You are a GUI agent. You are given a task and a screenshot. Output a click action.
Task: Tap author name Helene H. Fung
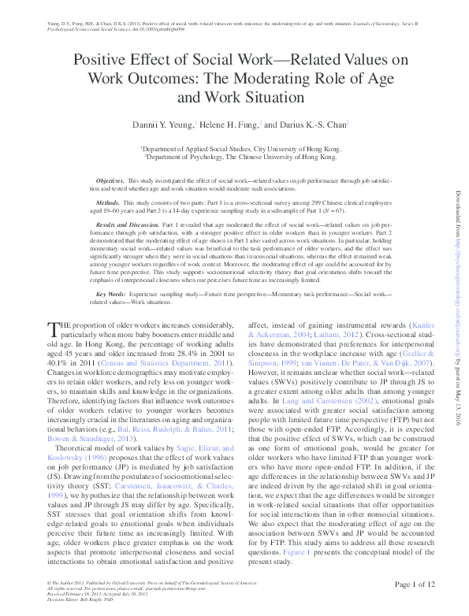click(x=229, y=124)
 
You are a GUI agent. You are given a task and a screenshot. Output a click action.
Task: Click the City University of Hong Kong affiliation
click(x=241, y=148)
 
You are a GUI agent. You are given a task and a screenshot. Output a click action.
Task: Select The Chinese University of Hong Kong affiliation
click(x=242, y=156)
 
